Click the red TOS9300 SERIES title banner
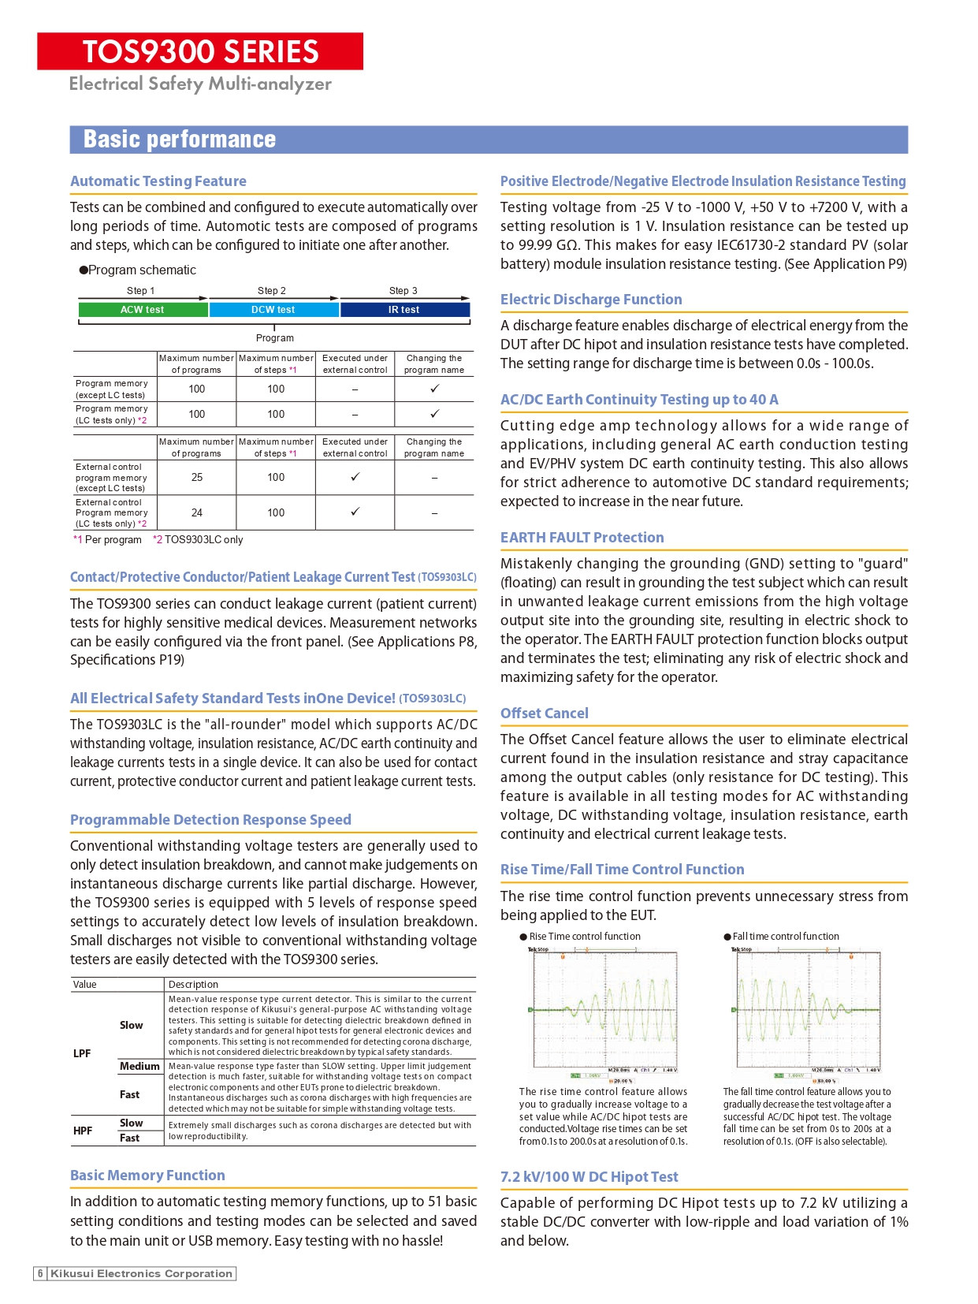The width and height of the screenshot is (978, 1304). (x=200, y=51)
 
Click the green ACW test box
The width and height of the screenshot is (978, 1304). (x=143, y=310)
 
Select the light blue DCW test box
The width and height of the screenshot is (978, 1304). (x=273, y=310)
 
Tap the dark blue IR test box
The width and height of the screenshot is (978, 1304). (x=404, y=310)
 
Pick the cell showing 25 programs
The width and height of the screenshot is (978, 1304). (x=197, y=477)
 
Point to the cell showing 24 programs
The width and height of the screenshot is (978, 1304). (x=197, y=512)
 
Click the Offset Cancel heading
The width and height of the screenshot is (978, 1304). (x=545, y=713)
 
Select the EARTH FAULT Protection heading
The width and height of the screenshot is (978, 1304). (x=582, y=538)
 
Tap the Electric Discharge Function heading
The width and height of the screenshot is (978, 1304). (x=591, y=300)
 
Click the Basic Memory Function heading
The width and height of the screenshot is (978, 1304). (x=147, y=1175)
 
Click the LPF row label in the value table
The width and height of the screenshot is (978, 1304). (x=82, y=1053)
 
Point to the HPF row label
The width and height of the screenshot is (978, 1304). (x=83, y=1131)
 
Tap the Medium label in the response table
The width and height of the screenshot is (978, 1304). (x=139, y=1067)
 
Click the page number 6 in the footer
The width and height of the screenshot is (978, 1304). (x=40, y=1273)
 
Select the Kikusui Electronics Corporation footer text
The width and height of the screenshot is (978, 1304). (x=142, y=1273)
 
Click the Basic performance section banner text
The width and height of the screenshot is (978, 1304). (x=180, y=140)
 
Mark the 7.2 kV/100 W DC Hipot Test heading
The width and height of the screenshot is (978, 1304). (x=589, y=1177)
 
